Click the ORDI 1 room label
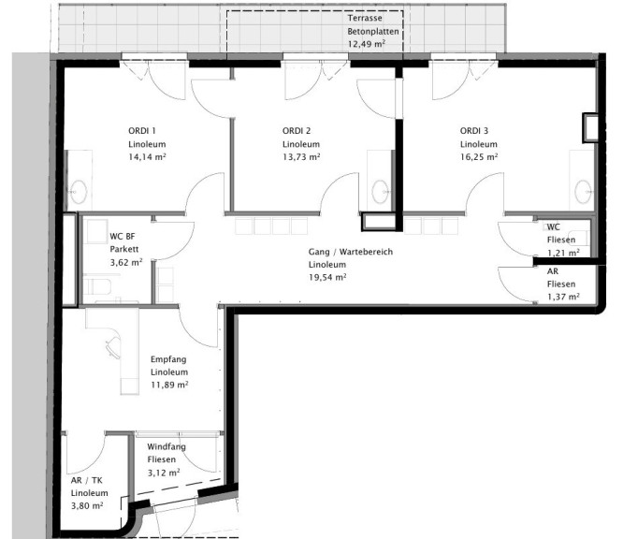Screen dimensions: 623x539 point(142,131)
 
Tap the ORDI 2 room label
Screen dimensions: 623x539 point(297,131)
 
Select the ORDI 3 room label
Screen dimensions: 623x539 point(474,131)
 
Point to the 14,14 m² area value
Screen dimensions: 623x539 point(147,157)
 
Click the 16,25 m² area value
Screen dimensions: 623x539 point(479,157)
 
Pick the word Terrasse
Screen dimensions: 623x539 point(365,18)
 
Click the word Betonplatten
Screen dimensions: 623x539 point(373,32)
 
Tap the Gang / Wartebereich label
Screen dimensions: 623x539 point(351,252)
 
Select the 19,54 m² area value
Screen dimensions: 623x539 point(327,277)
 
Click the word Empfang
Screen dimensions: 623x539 point(168,359)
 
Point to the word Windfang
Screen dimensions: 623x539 point(167,446)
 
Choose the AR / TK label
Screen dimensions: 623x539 point(87,480)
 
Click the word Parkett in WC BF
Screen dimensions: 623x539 point(124,249)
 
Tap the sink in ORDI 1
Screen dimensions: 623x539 point(79,192)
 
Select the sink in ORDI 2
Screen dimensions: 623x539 point(380,192)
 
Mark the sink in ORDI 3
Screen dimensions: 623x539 point(584,192)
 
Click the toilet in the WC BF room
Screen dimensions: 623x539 point(96,285)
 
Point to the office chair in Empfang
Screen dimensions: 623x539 point(113,347)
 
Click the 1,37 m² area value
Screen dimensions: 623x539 point(563,297)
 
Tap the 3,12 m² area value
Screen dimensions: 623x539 point(164,473)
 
